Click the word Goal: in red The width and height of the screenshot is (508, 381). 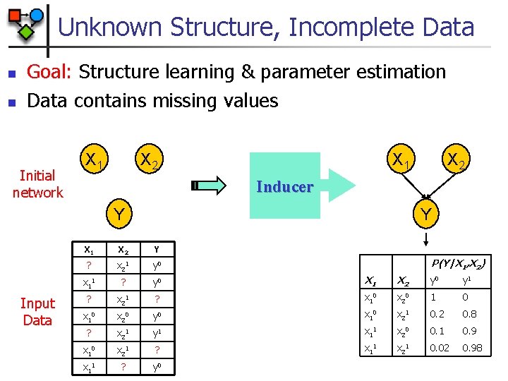coord(51,72)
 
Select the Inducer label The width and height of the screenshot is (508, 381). coord(284,187)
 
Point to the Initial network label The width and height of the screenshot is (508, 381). coord(37,184)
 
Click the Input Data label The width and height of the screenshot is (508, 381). coord(37,312)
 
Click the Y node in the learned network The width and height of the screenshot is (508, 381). coord(425,212)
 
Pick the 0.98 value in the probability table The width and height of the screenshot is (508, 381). coord(473,348)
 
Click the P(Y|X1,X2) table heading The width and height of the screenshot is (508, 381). coord(456,264)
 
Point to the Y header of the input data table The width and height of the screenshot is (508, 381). coord(156,249)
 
